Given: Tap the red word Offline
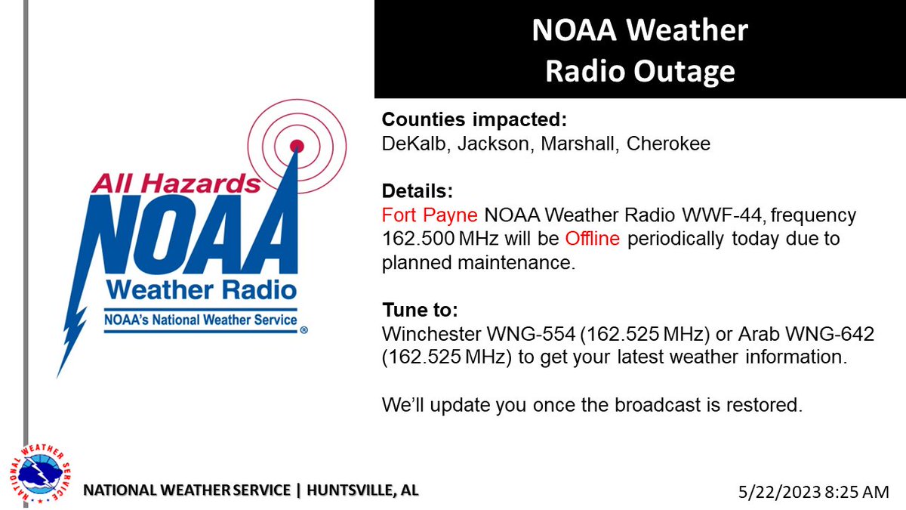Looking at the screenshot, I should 593,240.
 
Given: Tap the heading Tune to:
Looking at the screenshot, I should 419,311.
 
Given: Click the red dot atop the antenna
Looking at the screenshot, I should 297,144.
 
